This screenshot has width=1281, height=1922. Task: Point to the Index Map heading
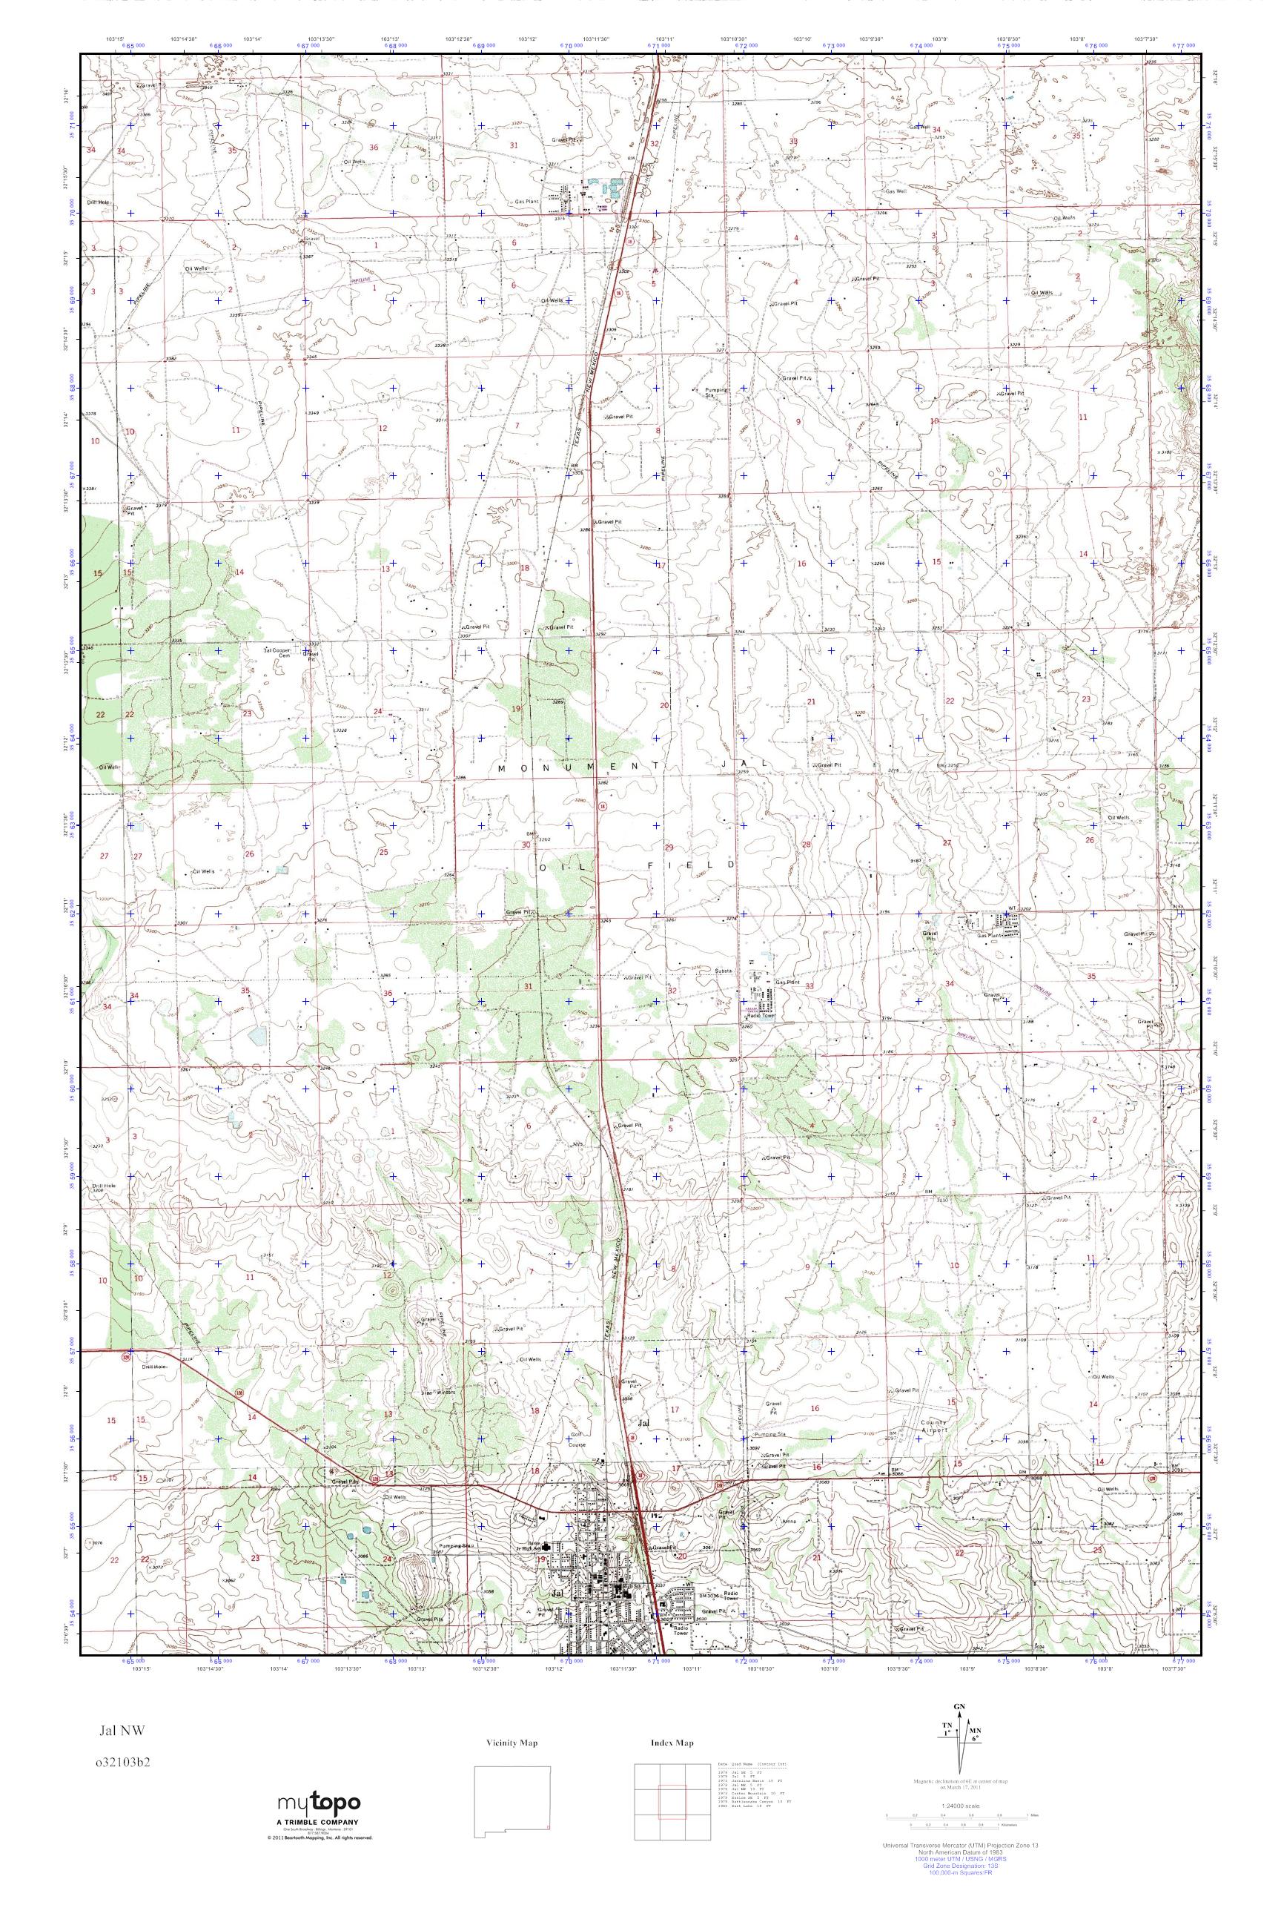point(672,1741)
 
